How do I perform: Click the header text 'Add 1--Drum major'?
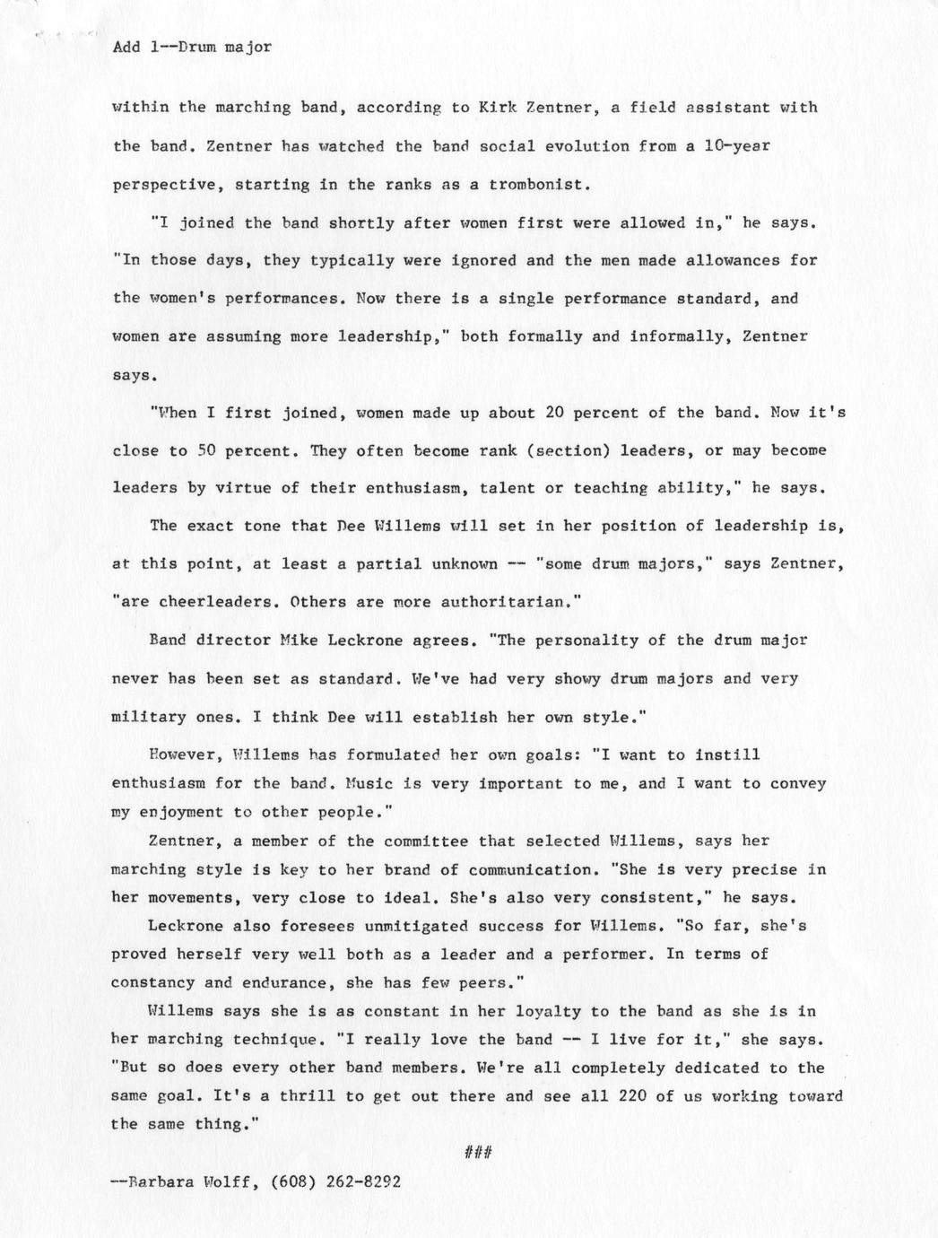click(x=192, y=47)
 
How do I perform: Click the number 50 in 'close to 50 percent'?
click(x=206, y=451)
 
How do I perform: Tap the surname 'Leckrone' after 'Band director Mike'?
click(x=365, y=641)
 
